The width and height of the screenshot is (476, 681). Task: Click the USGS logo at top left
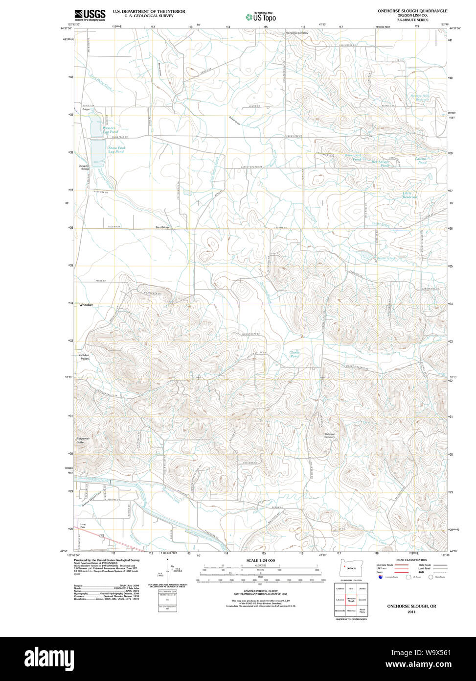pos(90,15)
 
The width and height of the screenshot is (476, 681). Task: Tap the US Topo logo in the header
pos(261,17)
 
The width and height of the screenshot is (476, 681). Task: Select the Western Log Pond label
pos(110,130)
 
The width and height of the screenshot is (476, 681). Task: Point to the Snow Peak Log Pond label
pos(116,149)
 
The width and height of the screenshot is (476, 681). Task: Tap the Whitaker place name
pos(86,305)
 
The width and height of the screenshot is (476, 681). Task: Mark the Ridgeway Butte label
pos(83,440)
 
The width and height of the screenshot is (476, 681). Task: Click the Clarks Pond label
pos(294,354)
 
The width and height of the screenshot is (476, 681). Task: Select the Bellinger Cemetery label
pos(330,436)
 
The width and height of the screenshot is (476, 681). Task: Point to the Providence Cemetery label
pos(297,33)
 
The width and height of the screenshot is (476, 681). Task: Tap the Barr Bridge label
pos(162,227)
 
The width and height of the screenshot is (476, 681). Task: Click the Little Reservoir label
pos(410,195)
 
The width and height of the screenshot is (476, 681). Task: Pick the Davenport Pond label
pos(353,157)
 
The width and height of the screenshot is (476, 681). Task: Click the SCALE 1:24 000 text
pos(261,560)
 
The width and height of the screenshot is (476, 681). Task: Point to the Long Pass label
pos(83,526)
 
